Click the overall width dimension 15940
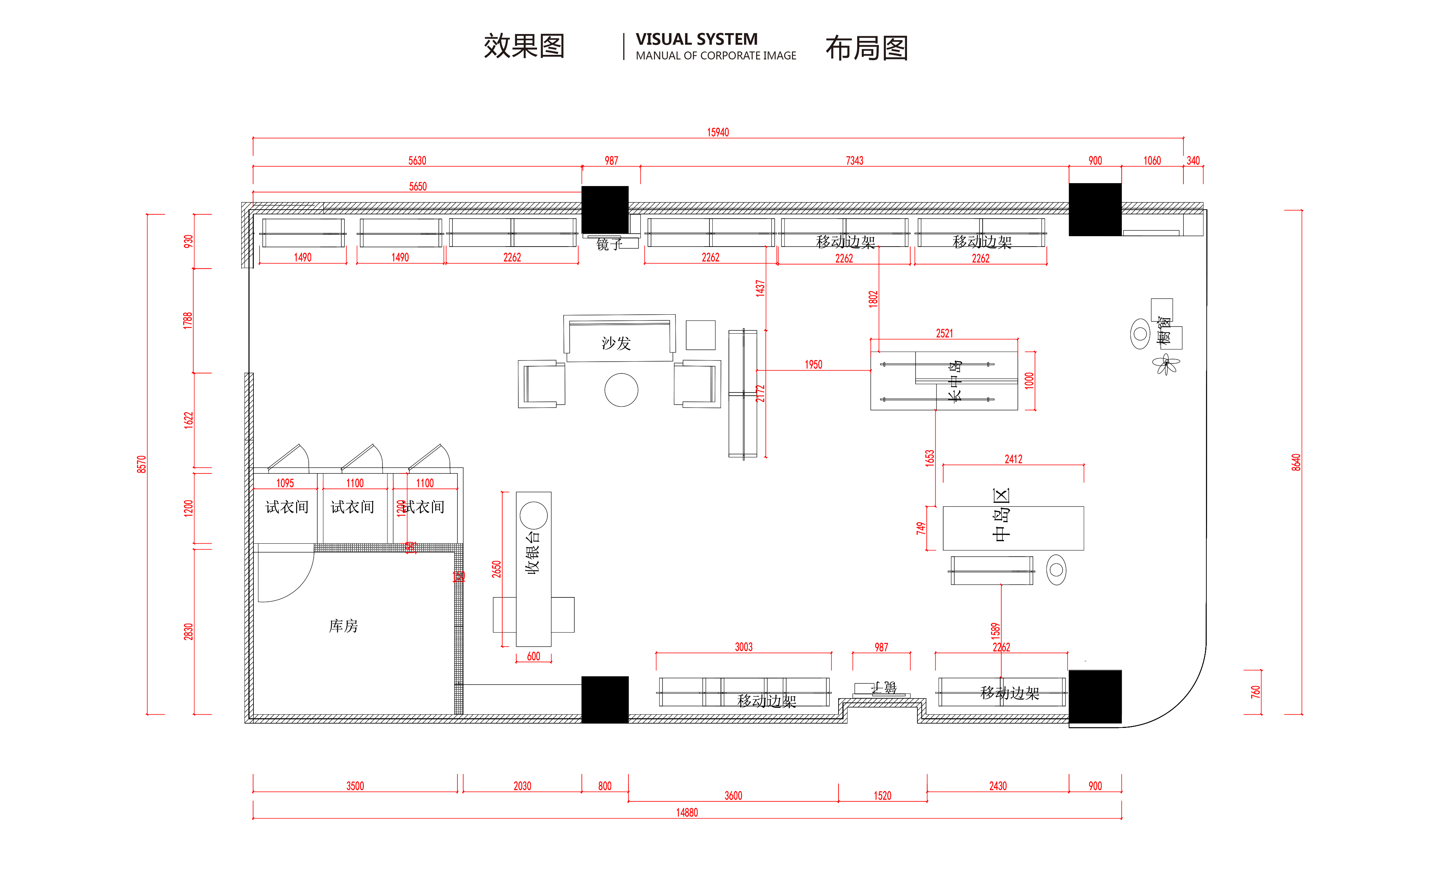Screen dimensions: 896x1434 pos(718,132)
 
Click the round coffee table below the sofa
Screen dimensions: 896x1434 pos(621,390)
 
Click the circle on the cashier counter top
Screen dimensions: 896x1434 pos(533,515)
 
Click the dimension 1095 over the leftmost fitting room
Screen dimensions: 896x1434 pos(285,483)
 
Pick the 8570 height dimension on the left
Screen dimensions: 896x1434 pos(141,464)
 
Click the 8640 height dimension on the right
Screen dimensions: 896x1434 pos(1296,462)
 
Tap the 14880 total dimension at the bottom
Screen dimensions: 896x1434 pos(687,812)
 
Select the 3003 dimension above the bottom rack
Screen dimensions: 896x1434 pos(743,647)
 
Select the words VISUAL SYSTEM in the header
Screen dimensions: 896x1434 pos(696,39)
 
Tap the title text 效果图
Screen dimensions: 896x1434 pos(524,46)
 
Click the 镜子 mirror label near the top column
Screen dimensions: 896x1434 pos(609,244)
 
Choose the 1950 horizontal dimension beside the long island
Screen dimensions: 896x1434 pos(813,364)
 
